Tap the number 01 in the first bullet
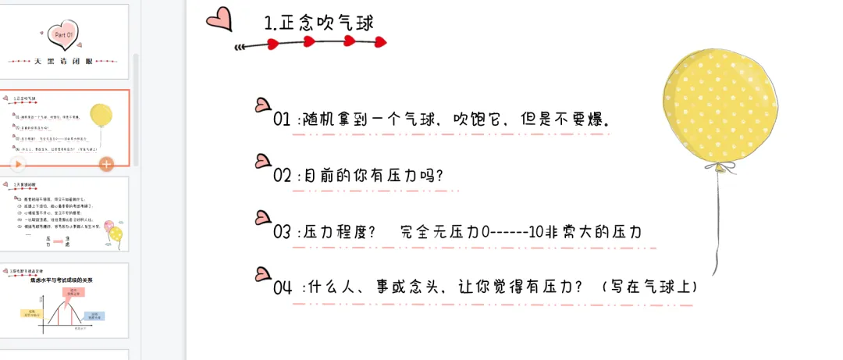(x=282, y=120)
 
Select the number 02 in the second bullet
(x=282, y=176)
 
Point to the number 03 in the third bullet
(x=282, y=233)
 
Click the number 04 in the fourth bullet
(x=283, y=287)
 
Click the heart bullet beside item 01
(x=263, y=105)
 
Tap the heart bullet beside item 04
(x=263, y=273)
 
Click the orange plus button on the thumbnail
(x=106, y=164)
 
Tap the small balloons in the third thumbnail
(x=114, y=231)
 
